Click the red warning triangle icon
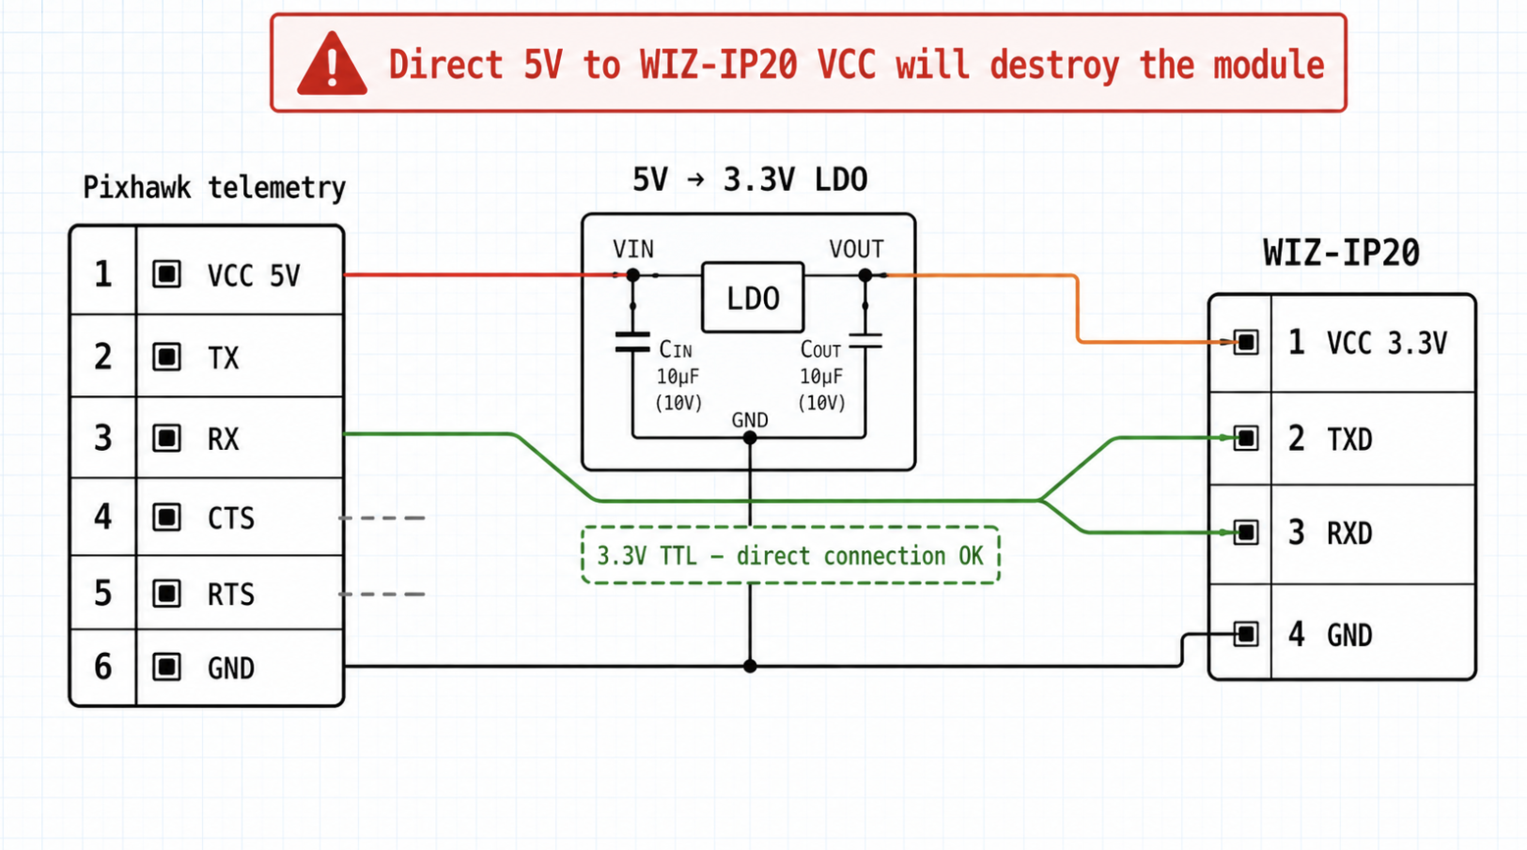332,65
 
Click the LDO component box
753,297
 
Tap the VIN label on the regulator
633,249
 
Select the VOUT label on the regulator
857,249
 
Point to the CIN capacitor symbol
632,342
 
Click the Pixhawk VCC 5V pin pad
167,274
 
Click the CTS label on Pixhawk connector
231,518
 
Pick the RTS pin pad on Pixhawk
167,594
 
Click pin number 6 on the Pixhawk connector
103,666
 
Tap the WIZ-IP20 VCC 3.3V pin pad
1246,342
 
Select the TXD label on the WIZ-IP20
1350,440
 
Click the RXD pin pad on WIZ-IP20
1246,532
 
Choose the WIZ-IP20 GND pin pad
1246,634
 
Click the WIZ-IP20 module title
1341,253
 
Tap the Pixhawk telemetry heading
214,188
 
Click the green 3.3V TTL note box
790,556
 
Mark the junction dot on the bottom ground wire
750,666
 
